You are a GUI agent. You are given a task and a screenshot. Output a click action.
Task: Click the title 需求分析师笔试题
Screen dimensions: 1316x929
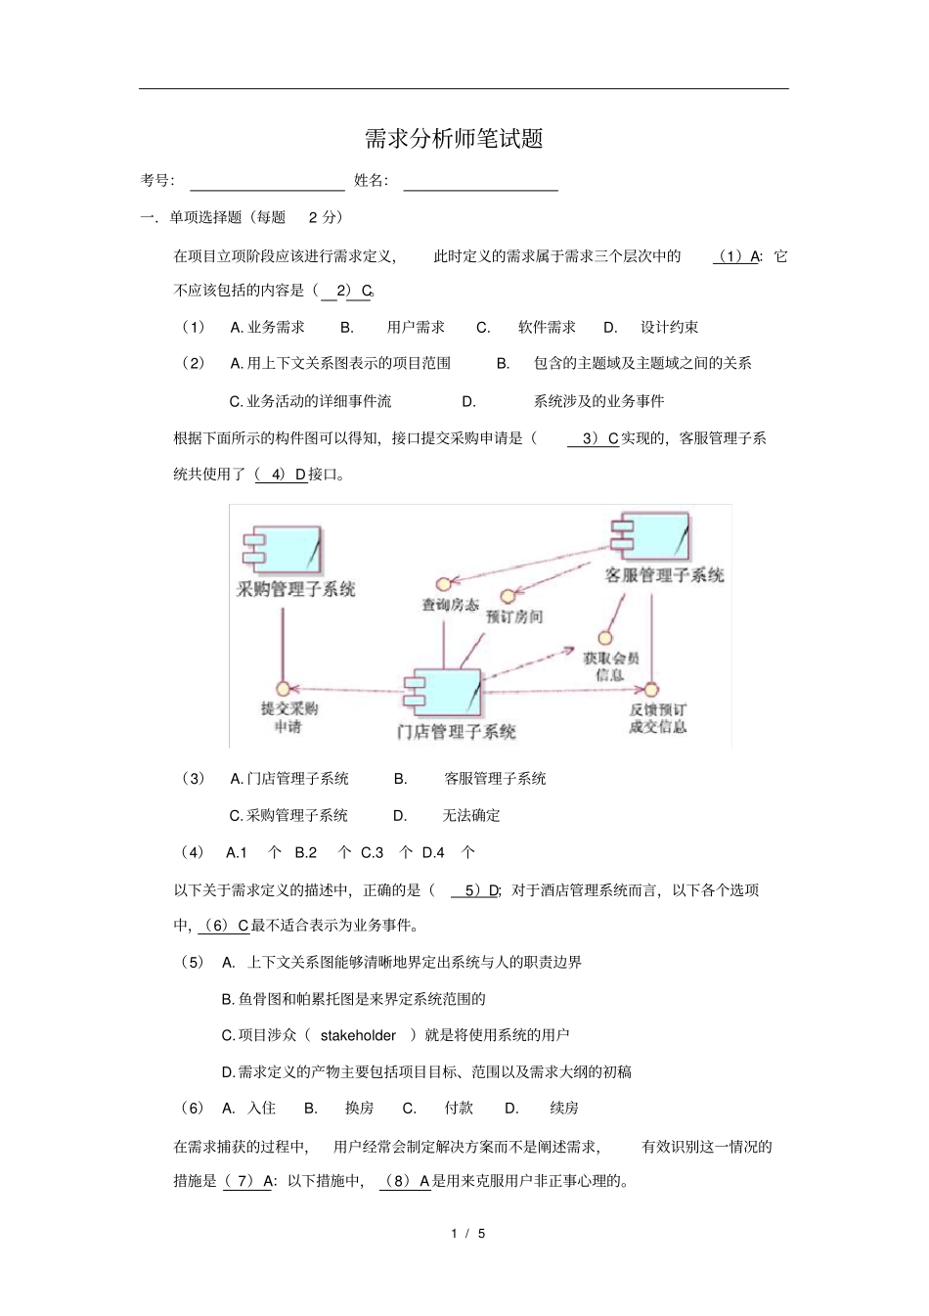[454, 139]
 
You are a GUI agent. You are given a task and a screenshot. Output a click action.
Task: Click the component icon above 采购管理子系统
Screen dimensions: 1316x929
[284, 550]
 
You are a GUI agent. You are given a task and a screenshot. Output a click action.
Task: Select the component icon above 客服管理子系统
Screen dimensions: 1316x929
[650, 535]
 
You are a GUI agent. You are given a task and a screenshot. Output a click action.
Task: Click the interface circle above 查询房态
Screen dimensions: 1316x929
[443, 585]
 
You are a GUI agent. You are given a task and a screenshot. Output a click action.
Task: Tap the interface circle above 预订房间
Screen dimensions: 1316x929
[508, 596]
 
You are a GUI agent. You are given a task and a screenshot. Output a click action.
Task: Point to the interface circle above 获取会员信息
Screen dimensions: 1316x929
[604, 638]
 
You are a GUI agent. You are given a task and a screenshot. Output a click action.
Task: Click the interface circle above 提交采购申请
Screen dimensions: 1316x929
[284, 689]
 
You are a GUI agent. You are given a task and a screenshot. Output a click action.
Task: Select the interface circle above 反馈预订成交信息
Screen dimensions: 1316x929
[651, 690]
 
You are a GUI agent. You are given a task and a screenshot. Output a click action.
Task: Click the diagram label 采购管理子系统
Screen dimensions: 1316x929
[296, 589]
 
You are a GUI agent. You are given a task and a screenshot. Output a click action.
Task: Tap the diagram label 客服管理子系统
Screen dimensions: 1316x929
[665, 575]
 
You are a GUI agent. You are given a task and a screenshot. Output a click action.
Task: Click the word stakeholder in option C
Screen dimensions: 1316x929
[358, 1035]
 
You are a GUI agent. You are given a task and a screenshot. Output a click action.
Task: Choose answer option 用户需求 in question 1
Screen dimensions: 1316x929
[416, 327]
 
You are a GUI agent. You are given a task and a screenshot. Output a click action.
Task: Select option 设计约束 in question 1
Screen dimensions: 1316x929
[670, 327]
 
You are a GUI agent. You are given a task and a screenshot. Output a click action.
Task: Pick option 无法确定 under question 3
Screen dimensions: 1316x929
[471, 815]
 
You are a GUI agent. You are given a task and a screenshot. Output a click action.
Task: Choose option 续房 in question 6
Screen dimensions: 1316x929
[564, 1108]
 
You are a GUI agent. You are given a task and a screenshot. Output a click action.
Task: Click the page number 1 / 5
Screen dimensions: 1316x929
[468, 1234]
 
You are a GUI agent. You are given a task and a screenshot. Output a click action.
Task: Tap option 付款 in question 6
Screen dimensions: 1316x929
[459, 1108]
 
